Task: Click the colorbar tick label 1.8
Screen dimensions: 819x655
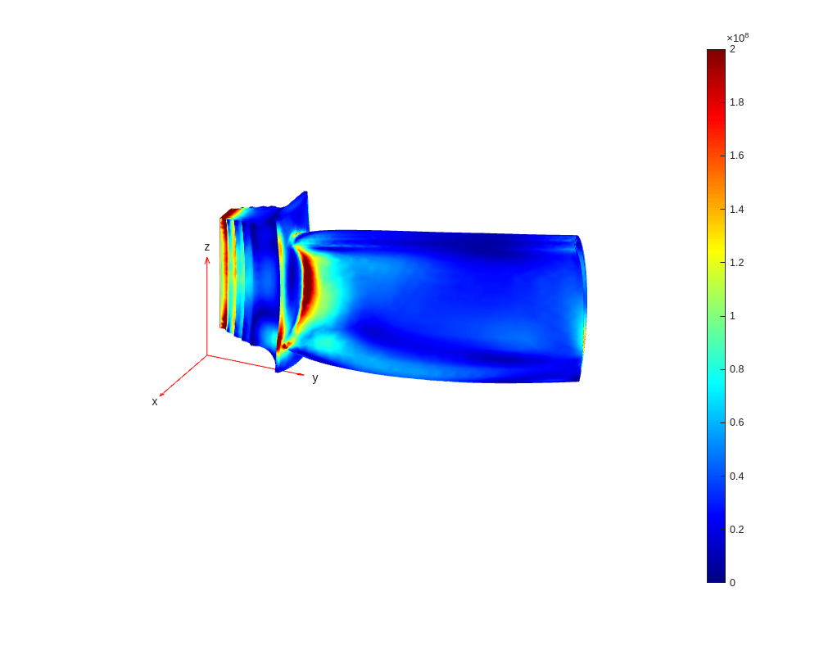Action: point(736,102)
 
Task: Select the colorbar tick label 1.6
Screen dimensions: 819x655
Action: point(736,156)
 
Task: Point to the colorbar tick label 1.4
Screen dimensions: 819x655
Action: point(736,210)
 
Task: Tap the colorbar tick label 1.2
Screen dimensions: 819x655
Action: point(736,263)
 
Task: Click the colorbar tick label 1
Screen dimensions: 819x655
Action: point(732,316)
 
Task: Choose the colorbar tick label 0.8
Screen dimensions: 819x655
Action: point(736,369)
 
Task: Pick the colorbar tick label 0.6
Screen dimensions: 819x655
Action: point(736,422)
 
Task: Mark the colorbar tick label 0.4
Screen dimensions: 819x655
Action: point(736,477)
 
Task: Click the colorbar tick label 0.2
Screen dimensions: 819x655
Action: point(736,530)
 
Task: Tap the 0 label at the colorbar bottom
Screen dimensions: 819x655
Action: point(732,583)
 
